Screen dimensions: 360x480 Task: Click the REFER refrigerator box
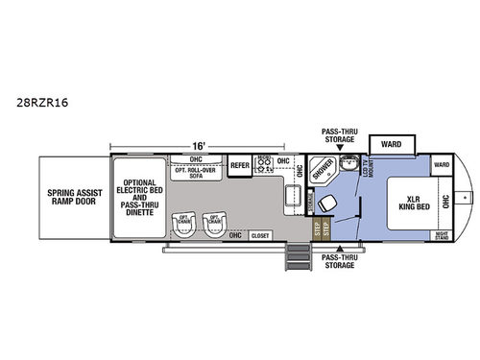click(240, 166)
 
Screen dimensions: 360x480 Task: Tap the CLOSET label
click(260, 235)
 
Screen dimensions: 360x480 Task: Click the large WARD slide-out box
click(391, 146)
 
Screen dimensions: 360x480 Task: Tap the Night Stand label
click(442, 235)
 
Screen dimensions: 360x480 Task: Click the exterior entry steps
click(300, 259)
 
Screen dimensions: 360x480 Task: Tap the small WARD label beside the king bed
click(441, 165)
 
